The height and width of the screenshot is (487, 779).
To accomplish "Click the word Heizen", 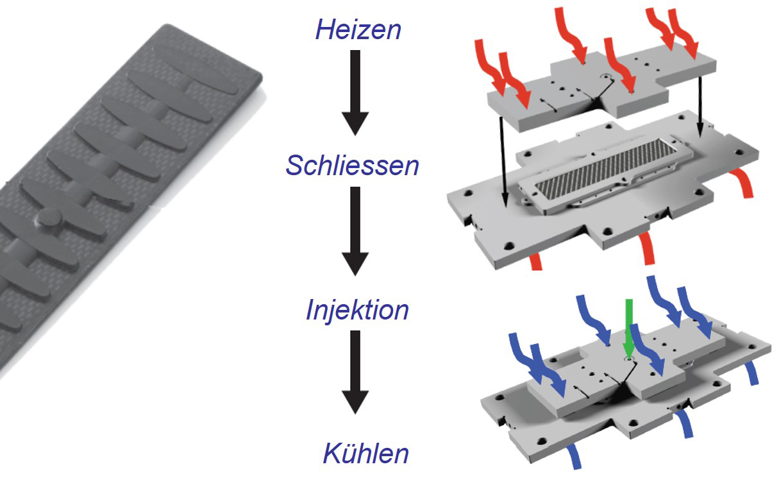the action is [358, 30].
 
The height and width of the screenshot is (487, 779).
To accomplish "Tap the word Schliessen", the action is [352, 166].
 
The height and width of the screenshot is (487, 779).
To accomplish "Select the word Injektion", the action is [357, 310].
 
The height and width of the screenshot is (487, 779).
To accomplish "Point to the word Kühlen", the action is [366, 454].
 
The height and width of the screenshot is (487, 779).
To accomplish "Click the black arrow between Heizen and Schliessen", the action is [355, 92].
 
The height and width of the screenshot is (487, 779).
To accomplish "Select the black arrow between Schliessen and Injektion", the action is [355, 232].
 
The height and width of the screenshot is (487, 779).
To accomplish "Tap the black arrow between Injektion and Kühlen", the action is [355, 372].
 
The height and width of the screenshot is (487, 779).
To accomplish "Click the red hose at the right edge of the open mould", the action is [742, 183].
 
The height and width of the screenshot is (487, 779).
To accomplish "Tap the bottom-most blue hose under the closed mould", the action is [574, 457].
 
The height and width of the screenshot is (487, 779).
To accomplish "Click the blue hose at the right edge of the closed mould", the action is [751, 373].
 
